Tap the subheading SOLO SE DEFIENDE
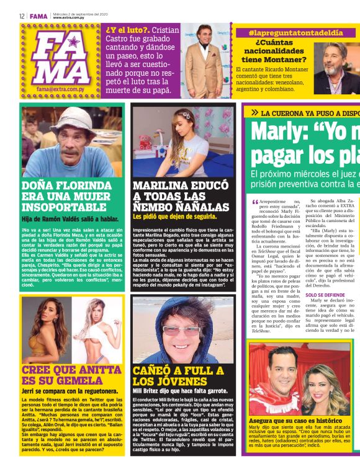click(324, 294)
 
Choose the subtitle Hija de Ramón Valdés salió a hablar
click(65, 218)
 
